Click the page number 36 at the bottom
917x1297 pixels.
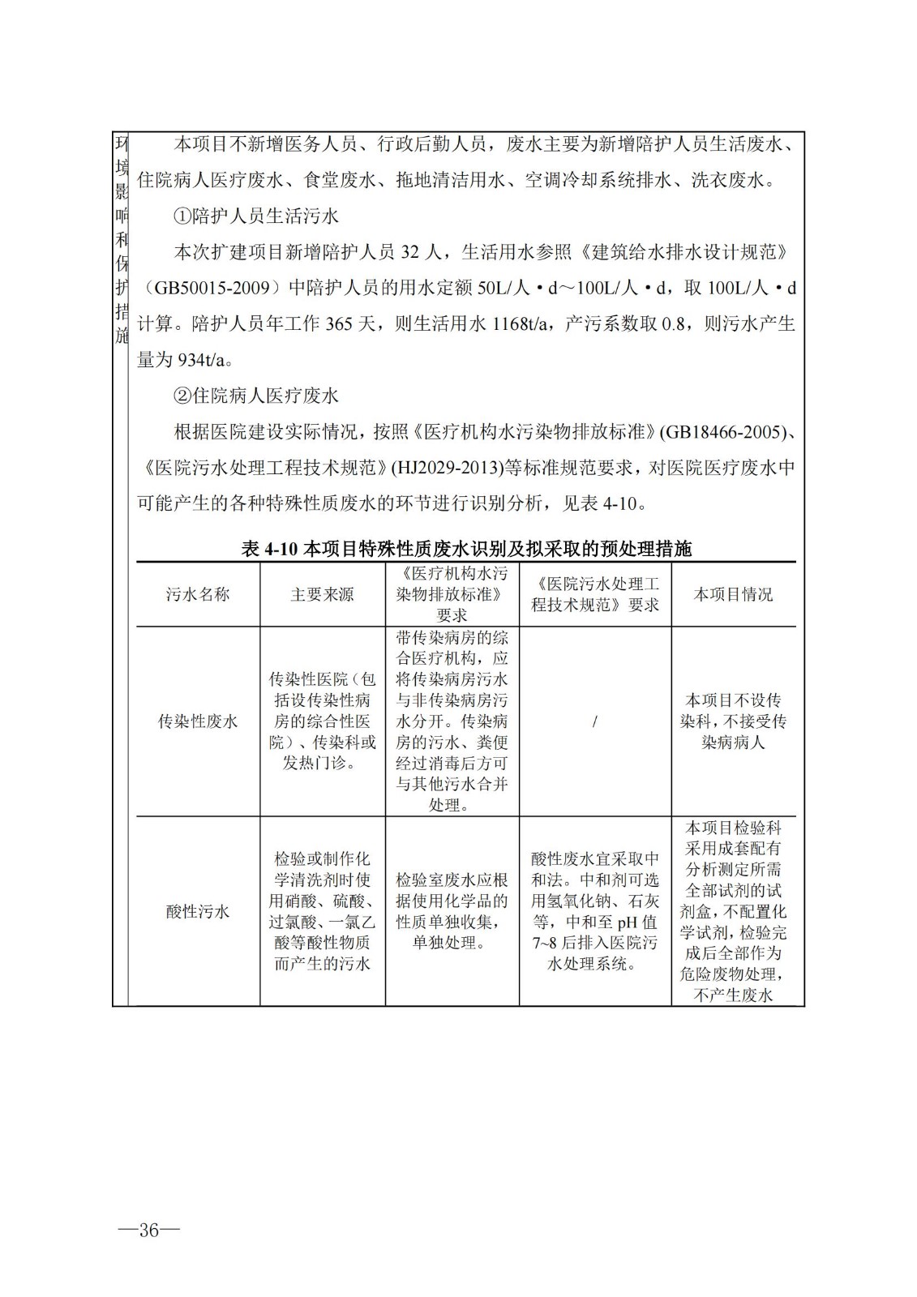[148, 1231]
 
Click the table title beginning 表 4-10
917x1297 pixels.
[466, 549]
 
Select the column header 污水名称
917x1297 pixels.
[198, 594]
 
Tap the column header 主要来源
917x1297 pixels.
[322, 594]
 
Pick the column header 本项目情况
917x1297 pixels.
[733, 594]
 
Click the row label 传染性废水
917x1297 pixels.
[198, 721]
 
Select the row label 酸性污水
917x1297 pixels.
[198, 911]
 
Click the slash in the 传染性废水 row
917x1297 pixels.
[594, 721]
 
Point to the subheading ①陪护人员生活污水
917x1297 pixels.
[256, 216]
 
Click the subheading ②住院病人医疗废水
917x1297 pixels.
[256, 396]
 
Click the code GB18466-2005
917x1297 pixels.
[726, 432]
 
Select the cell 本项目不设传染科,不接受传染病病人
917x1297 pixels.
[733, 721]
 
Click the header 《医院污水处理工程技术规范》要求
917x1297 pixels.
[594, 594]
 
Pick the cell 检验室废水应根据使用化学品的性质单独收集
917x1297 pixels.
[452, 911]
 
